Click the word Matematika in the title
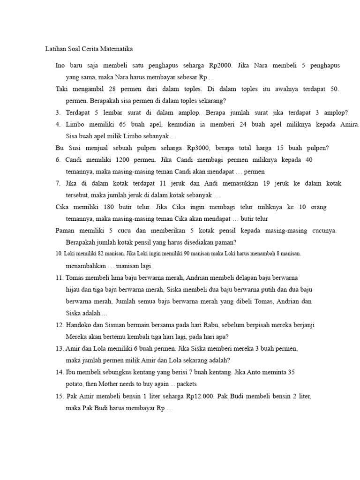click(x=117, y=49)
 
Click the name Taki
click(x=62, y=89)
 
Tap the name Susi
click(x=74, y=148)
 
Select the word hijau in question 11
click(x=73, y=289)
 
